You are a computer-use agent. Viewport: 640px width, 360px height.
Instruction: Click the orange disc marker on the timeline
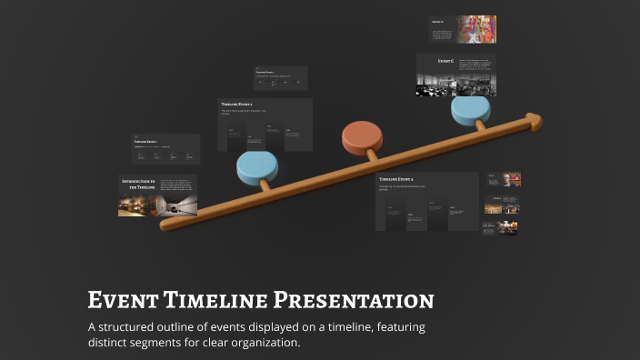click(362, 138)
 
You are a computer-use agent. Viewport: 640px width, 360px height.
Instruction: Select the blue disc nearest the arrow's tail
click(257, 167)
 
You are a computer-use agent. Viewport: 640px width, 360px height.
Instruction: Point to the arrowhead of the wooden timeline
click(534, 120)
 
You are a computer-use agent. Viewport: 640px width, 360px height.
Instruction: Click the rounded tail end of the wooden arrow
click(165, 224)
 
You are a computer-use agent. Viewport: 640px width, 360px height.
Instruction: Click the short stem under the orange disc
click(371, 157)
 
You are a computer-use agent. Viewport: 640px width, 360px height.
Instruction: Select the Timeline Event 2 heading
click(237, 105)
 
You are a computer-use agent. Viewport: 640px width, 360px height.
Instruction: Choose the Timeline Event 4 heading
click(401, 179)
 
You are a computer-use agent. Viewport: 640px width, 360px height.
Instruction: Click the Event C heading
click(445, 60)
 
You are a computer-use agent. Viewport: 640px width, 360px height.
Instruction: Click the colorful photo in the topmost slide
click(475, 29)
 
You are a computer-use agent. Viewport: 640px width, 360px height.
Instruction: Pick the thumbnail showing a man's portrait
click(511, 180)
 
